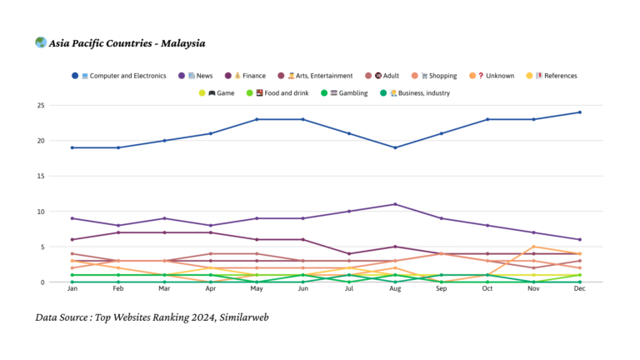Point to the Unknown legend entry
(x=497, y=76)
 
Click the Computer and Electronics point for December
(x=580, y=112)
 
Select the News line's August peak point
(x=395, y=204)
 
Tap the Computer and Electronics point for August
(x=395, y=147)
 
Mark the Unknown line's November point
(x=533, y=247)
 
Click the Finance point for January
(x=72, y=239)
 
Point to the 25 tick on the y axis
(x=63, y=106)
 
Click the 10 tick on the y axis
(x=63, y=212)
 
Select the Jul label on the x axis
(x=349, y=291)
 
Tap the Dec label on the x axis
(x=580, y=291)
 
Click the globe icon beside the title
(x=41, y=42)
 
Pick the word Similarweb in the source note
(x=243, y=317)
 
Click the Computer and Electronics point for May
(x=257, y=119)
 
